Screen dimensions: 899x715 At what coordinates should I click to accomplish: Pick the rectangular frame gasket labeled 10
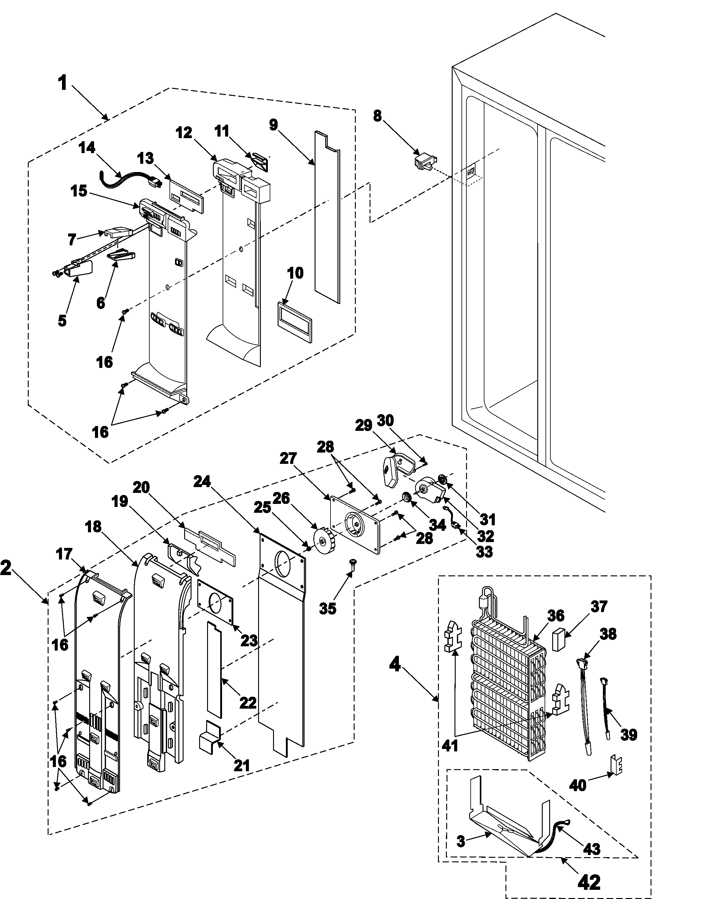(294, 321)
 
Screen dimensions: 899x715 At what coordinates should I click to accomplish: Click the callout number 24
(202, 482)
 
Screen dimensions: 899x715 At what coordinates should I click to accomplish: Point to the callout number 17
(64, 554)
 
